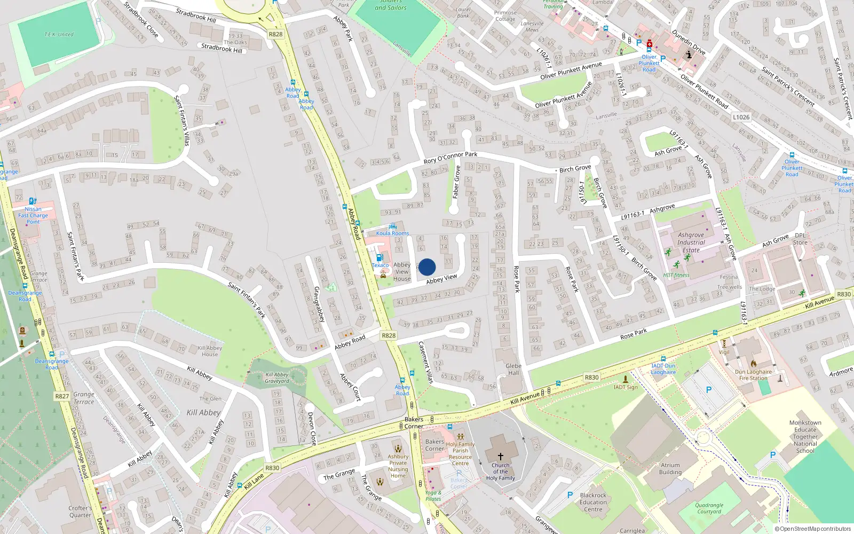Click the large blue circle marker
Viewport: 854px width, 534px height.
[427, 267]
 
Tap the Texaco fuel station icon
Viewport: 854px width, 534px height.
[379, 257]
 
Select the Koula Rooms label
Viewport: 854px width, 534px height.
[392, 233]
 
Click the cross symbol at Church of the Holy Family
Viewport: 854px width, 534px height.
[500, 457]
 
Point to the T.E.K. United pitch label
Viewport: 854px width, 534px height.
[59, 34]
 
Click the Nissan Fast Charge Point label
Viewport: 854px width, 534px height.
[33, 215]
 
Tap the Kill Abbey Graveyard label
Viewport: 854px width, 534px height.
[277, 378]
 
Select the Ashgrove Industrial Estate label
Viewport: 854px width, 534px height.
[691, 242]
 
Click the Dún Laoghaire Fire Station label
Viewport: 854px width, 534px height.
[753, 375]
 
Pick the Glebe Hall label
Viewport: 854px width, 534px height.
[513, 370]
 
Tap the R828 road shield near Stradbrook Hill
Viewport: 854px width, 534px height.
[275, 34]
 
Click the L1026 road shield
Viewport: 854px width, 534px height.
[741, 117]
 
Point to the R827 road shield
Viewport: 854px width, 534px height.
[62, 396]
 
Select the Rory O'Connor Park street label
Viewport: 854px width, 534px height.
[450, 158]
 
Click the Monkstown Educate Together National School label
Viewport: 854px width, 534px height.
[805, 437]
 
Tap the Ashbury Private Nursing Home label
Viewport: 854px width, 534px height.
[398, 466]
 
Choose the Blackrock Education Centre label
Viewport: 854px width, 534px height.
[593, 502]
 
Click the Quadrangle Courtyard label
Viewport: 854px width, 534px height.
[709, 508]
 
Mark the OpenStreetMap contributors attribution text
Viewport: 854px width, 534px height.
[813, 529]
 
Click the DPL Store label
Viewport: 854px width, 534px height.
[800, 239]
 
